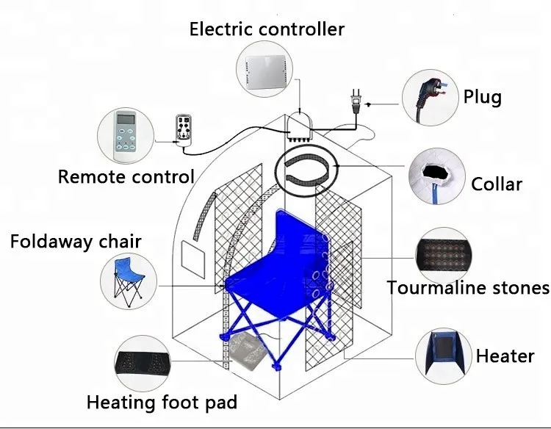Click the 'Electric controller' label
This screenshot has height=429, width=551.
267,29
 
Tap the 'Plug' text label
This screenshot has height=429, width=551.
483,97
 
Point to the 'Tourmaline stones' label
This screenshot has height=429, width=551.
468,287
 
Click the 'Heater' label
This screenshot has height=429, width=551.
505,356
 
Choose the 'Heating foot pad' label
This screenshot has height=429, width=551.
162,403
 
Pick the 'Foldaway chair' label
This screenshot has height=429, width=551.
76,241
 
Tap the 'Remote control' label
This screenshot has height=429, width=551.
126,176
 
